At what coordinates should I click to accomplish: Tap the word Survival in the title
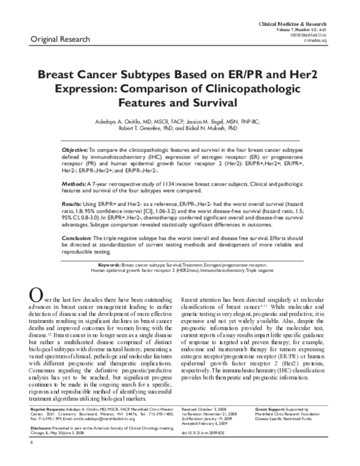pyautogui.click(x=215, y=102)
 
